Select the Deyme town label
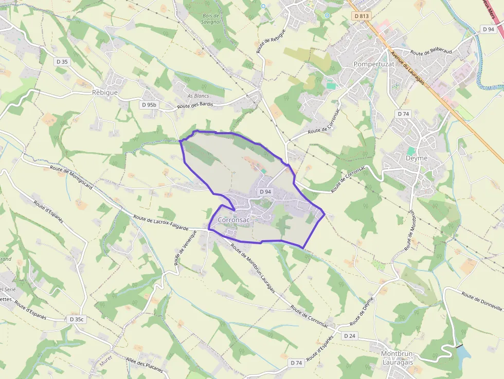[416, 158]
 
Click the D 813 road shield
[362, 16]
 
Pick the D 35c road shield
[76, 319]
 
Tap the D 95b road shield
[149, 105]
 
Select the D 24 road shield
[349, 336]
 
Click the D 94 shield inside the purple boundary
[265, 192]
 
